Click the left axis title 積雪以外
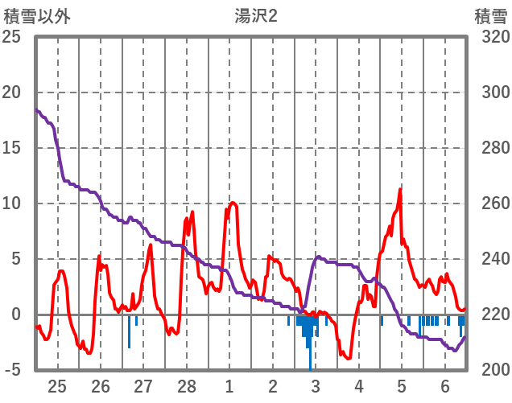point(37,15)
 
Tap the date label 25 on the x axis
point(57,385)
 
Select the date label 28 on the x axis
point(187,385)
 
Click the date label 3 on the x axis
point(316,385)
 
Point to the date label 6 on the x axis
point(445,385)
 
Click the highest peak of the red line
point(399,190)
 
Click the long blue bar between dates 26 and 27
point(129,331)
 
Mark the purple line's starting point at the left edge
point(37,110)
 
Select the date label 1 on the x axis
point(229,385)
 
